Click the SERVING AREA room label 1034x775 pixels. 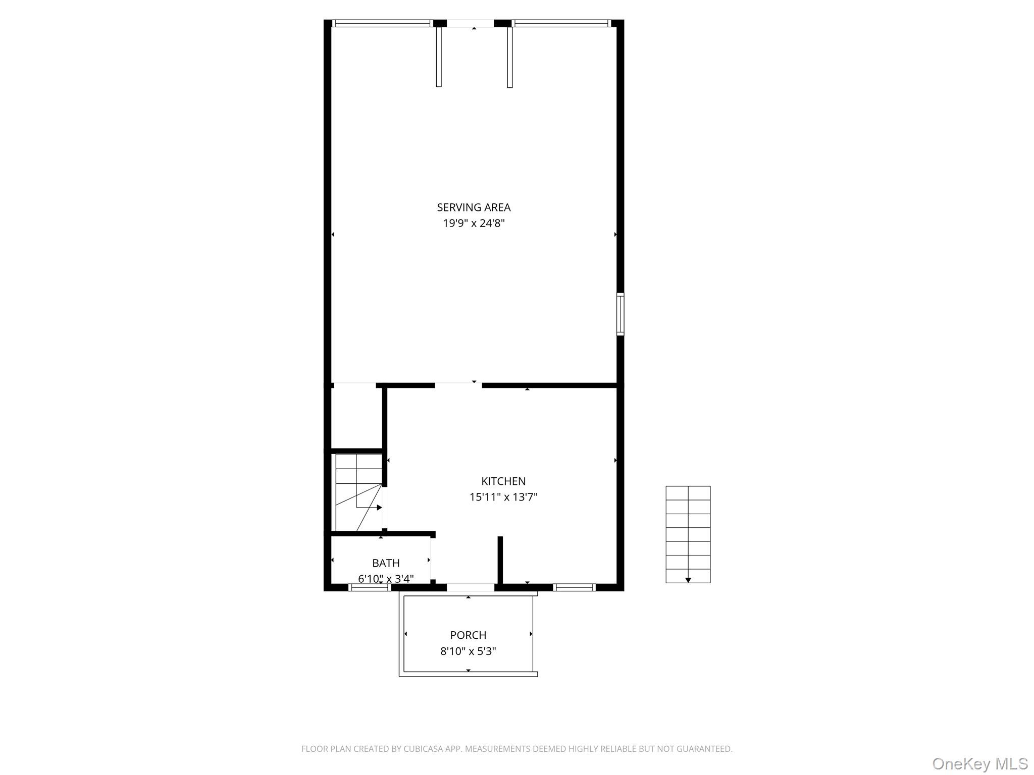tap(474, 207)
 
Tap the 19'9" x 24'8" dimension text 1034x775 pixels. tap(474, 223)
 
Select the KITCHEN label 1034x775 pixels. tap(503, 481)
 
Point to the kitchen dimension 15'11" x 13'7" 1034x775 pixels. tap(503, 497)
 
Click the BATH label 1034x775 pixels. tap(386, 563)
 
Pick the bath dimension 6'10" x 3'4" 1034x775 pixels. tap(386, 579)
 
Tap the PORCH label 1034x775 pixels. tap(468, 635)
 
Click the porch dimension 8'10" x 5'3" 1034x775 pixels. tap(468, 651)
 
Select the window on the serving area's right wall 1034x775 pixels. tap(620, 314)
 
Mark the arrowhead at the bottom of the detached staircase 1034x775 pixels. tap(688, 580)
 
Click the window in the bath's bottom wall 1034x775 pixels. tap(370, 587)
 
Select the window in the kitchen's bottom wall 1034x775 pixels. tap(574, 587)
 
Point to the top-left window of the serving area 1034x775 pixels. tap(382, 23)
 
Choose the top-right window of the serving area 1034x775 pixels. tap(561, 23)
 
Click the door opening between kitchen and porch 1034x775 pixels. tap(470, 587)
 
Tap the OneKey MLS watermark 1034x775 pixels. tap(979, 764)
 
